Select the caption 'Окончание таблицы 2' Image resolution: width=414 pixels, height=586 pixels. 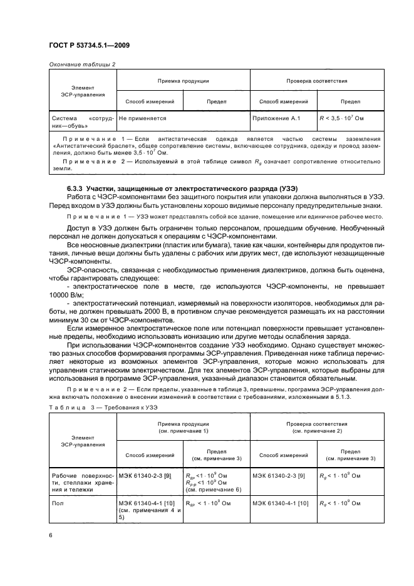click(81, 64)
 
